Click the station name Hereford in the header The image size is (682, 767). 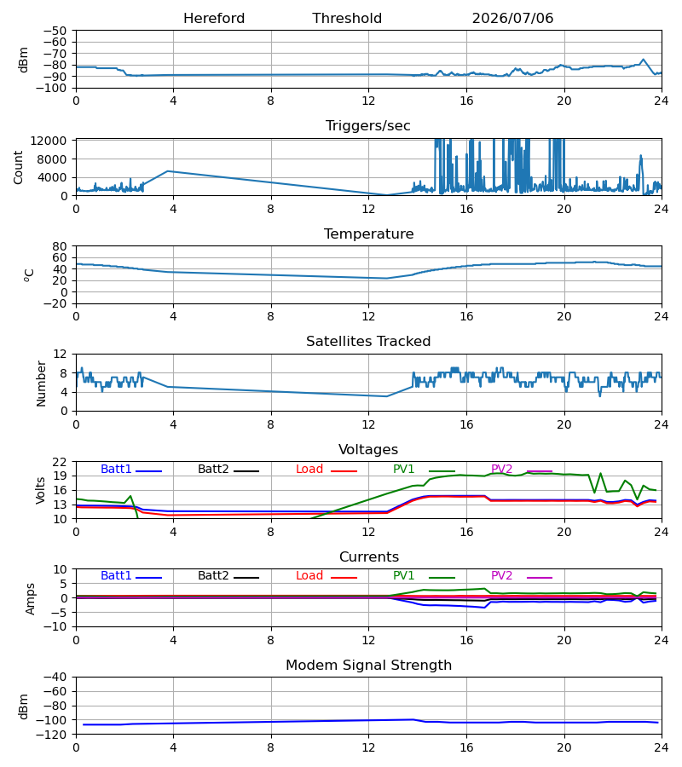(x=214, y=19)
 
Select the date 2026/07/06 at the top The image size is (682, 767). (x=512, y=19)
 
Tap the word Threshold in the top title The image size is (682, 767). (x=347, y=19)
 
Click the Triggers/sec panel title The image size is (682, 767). (x=368, y=126)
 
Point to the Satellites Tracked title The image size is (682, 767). (x=368, y=342)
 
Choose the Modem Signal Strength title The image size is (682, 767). (x=368, y=666)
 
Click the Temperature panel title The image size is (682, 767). (x=368, y=234)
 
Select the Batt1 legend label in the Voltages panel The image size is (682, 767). (x=116, y=469)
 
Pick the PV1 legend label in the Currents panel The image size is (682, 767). (x=403, y=576)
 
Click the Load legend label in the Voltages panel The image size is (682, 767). (x=309, y=469)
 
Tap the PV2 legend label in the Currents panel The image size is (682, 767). (x=501, y=576)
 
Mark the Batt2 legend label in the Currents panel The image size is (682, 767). (x=213, y=576)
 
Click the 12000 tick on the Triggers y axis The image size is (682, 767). (x=49, y=141)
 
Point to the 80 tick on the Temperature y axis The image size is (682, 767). (x=60, y=246)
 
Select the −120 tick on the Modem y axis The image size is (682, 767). (x=55, y=735)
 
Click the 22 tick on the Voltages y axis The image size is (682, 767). (x=60, y=462)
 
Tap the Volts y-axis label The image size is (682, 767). (x=41, y=491)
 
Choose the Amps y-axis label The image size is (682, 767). (x=31, y=599)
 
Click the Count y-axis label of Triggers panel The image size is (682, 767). (x=19, y=167)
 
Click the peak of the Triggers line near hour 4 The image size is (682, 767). (x=168, y=171)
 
